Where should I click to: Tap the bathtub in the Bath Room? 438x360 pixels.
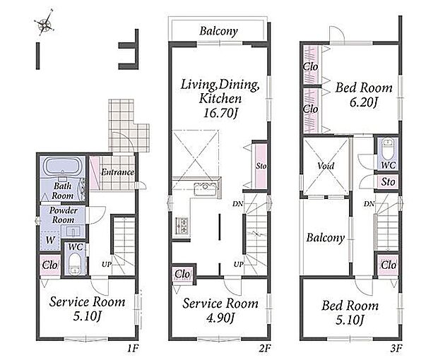pyautogui.click(x=63, y=167)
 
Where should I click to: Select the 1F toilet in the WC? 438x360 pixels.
pyautogui.click(x=75, y=264)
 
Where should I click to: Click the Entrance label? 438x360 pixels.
pyautogui.click(x=117, y=172)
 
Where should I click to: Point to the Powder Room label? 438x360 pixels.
pyautogui.click(x=64, y=215)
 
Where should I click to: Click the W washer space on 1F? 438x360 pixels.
pyautogui.click(x=50, y=240)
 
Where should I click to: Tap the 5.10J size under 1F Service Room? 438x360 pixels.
pyautogui.click(x=87, y=316)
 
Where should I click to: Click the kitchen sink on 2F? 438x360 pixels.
pyautogui.click(x=206, y=189)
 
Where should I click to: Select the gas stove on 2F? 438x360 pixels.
pyautogui.click(x=182, y=225)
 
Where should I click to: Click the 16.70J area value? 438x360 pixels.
pyautogui.click(x=220, y=113)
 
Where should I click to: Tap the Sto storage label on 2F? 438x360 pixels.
pyautogui.click(x=261, y=166)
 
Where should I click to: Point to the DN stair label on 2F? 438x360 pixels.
pyautogui.click(x=237, y=204)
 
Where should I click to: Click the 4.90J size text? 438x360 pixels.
pyautogui.click(x=220, y=318)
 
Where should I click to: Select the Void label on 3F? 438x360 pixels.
pyautogui.click(x=326, y=166)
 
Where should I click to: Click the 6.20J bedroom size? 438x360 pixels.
pyautogui.click(x=363, y=102)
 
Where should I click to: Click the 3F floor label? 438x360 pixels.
pyautogui.click(x=396, y=348)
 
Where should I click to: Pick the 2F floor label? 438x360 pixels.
pyautogui.click(x=265, y=348)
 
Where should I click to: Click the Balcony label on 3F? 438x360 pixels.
pyautogui.click(x=326, y=238)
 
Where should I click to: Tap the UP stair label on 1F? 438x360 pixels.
pyautogui.click(x=107, y=264)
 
